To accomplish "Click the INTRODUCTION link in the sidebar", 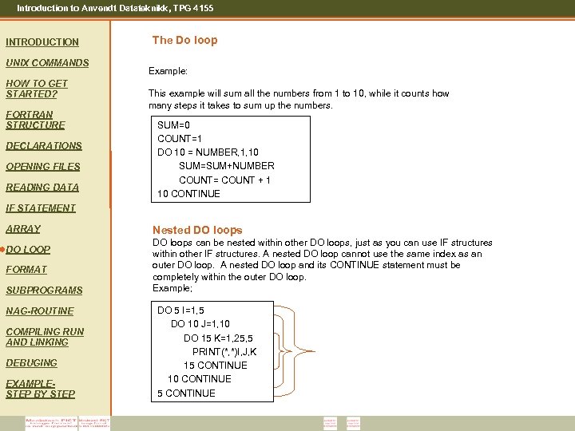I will tap(42, 42).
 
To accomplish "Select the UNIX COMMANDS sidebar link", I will tap(47, 63).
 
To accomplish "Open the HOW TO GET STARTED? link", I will tap(37, 89).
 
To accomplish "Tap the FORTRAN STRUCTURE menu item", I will tap(35, 120).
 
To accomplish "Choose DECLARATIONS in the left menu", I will tap(44, 146).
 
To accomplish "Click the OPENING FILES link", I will tap(43, 167).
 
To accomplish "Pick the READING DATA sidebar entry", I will tap(42, 188).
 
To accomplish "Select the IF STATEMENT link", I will tap(41, 208).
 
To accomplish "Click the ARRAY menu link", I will tap(23, 229).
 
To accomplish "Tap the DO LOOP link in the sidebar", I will tap(29, 250).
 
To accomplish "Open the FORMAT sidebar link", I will tap(26, 270).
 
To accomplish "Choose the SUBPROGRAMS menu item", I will tap(44, 291).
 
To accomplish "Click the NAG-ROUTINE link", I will tap(40, 311).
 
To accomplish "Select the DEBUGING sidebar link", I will tap(31, 363).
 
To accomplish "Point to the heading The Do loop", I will tap(184, 40).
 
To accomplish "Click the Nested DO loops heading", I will tap(197, 230).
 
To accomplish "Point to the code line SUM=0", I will tap(173, 125).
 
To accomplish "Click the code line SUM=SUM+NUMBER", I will tap(226, 166).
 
